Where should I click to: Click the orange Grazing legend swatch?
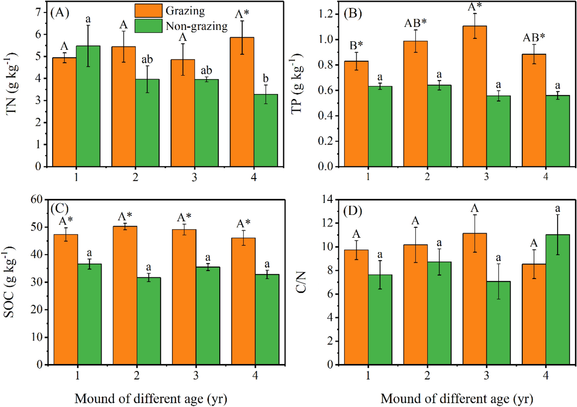148,11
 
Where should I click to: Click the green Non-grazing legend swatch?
148,26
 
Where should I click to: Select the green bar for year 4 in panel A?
265,130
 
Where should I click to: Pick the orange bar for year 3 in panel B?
474,96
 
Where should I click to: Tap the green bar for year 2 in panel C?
149,321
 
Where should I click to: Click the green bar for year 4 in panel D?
557,300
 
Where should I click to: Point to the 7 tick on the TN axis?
38,12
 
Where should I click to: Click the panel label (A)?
60,13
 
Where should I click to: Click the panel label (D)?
353,211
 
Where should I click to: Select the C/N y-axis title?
301,282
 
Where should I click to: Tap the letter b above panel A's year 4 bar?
265,79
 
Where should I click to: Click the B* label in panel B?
356,46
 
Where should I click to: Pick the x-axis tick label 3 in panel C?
196,375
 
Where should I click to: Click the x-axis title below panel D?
457,399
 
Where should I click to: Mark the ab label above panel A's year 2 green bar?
147,59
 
